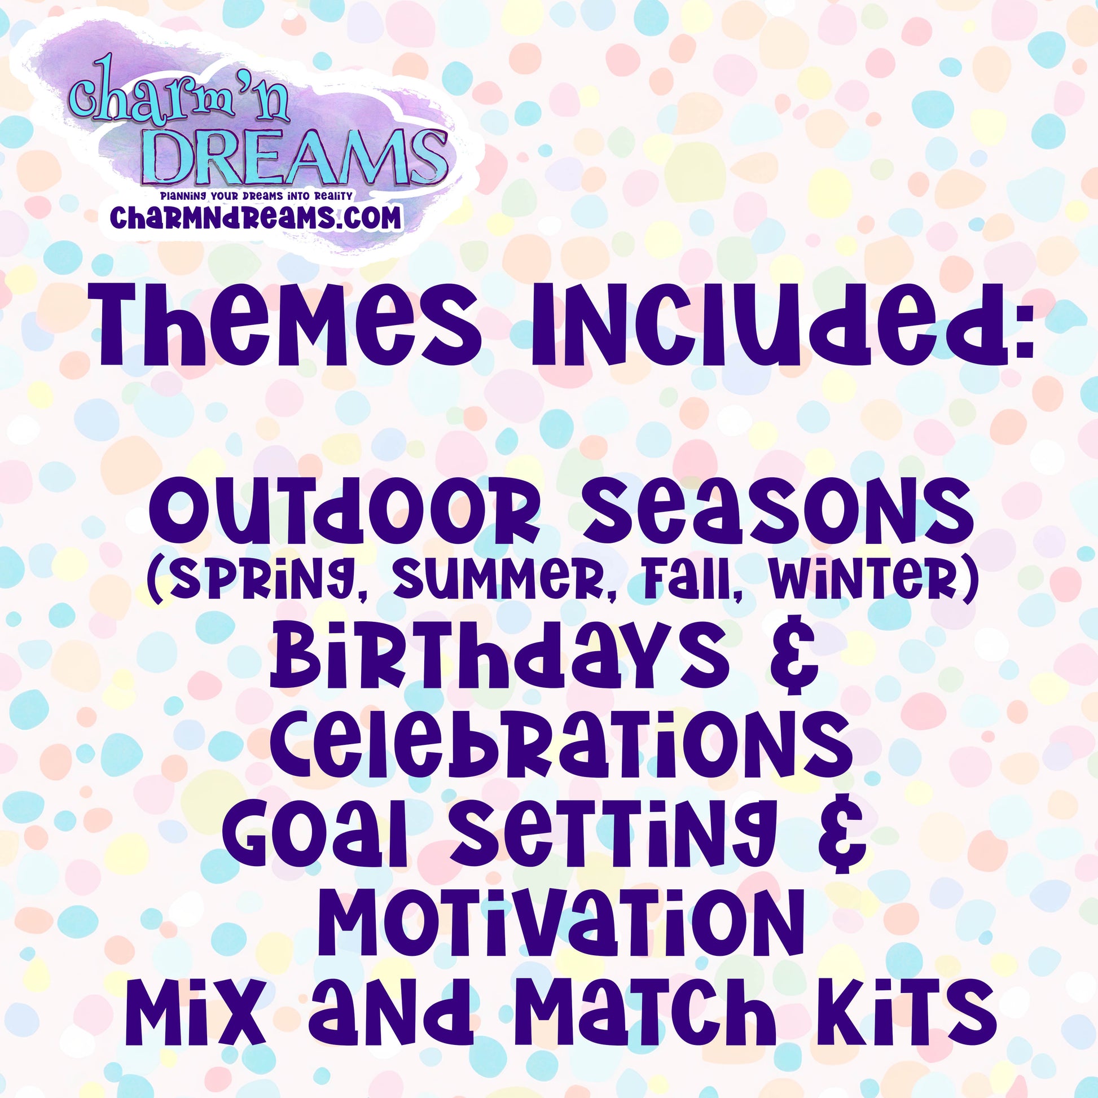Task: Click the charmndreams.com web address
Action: point(256,218)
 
